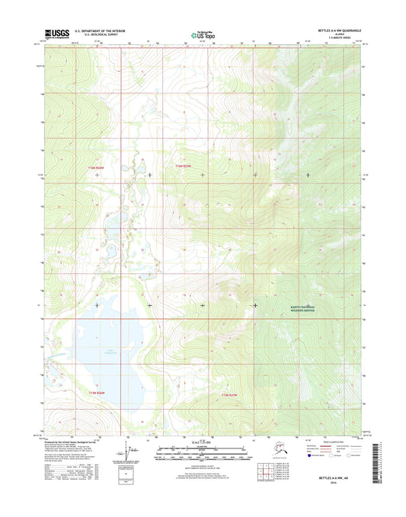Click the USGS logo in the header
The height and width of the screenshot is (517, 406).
tap(56, 34)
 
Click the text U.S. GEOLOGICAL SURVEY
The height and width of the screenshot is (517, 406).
tap(95, 36)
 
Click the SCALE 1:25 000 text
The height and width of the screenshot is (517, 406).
tap(203, 443)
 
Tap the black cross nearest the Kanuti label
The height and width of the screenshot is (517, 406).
tap(255, 305)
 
